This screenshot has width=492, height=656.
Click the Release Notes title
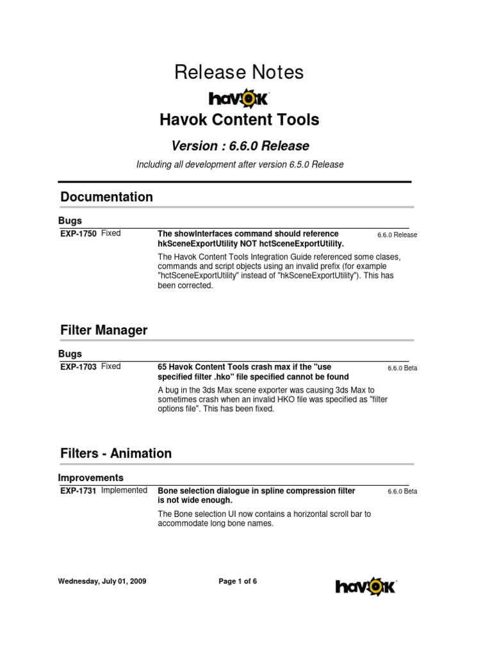click(x=239, y=73)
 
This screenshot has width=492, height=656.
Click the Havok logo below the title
click(x=239, y=98)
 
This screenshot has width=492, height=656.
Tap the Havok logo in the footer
click(x=366, y=586)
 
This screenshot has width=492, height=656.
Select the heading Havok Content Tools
click(x=239, y=120)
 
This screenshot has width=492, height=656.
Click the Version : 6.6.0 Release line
click(x=240, y=145)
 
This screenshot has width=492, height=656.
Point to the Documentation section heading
click(x=106, y=197)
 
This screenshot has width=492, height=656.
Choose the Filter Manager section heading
click(x=104, y=331)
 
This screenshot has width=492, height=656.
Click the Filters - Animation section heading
click(x=116, y=454)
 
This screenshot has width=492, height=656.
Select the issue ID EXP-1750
click(x=78, y=234)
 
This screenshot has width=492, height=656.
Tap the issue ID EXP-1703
click(x=78, y=367)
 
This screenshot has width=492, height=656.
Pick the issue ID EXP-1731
click(x=78, y=491)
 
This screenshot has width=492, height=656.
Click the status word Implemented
click(x=124, y=490)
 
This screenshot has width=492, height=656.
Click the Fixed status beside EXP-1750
click(x=111, y=233)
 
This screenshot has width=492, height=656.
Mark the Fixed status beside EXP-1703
click(x=111, y=366)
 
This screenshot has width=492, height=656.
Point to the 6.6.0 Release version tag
click(x=397, y=235)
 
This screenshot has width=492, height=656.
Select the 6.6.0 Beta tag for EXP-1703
click(x=402, y=368)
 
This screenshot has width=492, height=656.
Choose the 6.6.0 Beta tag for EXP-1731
click(x=402, y=491)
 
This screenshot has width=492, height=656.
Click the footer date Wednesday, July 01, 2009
click(x=102, y=582)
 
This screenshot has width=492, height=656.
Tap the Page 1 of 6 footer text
click(x=238, y=582)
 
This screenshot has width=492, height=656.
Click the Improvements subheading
click(x=90, y=478)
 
